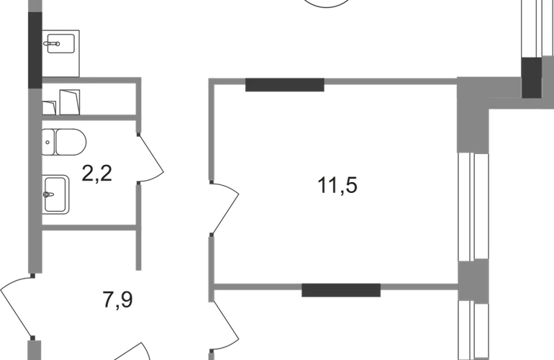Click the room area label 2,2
tap(97, 174)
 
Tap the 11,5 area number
tap(337, 185)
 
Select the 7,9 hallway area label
tap(118, 300)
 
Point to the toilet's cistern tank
tap(48, 142)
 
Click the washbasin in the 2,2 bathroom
tap(55, 194)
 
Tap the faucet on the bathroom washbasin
tap(48, 194)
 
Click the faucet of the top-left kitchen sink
tap(52, 44)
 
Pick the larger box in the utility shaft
tap(70, 102)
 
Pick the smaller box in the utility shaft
tap(49, 108)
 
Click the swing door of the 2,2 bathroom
tap(151, 158)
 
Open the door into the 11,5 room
tap(224, 208)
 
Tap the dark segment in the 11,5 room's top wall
tap(285, 85)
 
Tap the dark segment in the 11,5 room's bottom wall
tap(341, 290)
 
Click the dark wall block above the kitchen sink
tap(35, 50)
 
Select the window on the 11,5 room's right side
tap(473, 207)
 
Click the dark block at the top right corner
tap(532, 78)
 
